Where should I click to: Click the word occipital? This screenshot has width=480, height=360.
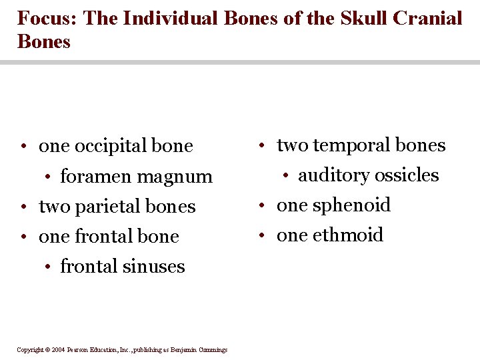coord(107,146)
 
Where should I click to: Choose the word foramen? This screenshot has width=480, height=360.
coord(93,177)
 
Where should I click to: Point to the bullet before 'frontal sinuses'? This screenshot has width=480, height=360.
coord(48,267)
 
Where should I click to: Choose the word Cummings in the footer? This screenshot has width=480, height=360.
coord(212,350)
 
